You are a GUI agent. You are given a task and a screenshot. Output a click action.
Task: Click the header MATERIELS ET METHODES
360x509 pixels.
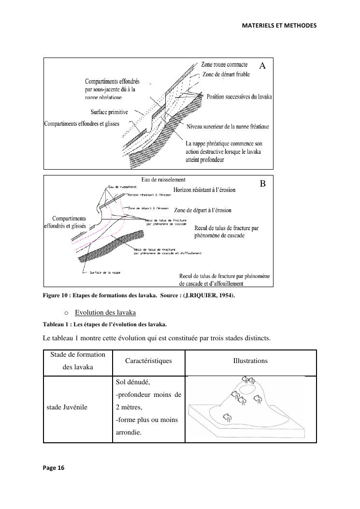[279, 25]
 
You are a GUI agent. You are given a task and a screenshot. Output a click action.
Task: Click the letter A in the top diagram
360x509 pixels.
[262, 66]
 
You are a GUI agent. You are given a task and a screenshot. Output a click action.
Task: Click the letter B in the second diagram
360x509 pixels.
[263, 184]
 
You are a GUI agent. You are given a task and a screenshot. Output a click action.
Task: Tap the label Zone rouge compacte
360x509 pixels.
[224, 64]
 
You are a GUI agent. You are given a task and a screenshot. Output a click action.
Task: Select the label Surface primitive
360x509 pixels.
[110, 112]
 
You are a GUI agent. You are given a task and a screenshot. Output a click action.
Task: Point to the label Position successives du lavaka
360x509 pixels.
[239, 97]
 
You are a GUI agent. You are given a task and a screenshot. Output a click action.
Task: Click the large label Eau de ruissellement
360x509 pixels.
[163, 180]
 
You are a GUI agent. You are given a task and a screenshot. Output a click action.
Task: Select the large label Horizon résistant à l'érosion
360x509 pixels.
[204, 190]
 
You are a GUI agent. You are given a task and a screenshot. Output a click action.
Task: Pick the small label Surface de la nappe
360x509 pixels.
[105, 273]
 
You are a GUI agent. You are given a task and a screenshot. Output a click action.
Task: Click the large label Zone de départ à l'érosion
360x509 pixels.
[202, 210]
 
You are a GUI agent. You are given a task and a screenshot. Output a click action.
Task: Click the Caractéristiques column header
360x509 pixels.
[148, 361]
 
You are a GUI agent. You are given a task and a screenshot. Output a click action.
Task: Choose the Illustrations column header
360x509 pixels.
[250, 361]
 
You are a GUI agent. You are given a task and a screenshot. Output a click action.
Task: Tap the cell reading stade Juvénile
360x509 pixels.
[67, 407]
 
